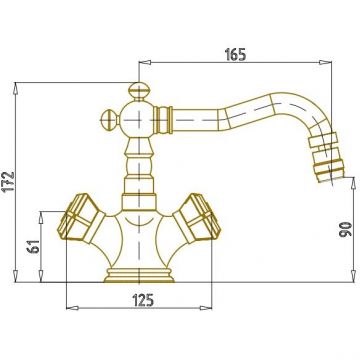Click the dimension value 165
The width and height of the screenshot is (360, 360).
pyautogui.click(x=235, y=55)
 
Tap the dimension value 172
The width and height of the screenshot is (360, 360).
pyautogui.click(x=9, y=181)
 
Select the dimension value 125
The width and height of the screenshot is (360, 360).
pyautogui.click(x=143, y=300)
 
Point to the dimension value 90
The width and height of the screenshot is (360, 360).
pyautogui.click(x=346, y=229)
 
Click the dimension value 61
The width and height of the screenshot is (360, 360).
pyautogui.click(x=34, y=246)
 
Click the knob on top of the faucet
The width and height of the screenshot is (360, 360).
pyautogui.click(x=139, y=91)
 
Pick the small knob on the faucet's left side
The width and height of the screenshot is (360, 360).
pyautogui.click(x=110, y=119)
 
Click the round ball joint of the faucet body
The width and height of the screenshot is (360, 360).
pyautogui.click(x=137, y=119)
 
